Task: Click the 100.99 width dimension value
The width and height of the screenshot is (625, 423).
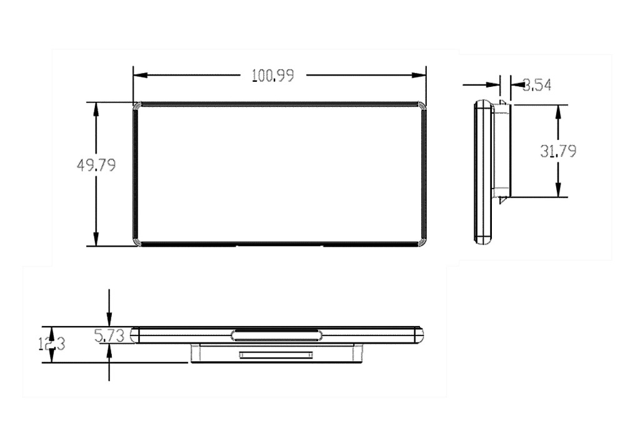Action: point(272,76)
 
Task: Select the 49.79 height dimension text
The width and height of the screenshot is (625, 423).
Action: point(96,166)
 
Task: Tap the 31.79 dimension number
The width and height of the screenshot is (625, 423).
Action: point(558,151)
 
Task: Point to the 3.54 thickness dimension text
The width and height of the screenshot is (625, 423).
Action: point(536,85)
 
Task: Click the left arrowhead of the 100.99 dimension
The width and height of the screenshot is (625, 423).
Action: point(139,76)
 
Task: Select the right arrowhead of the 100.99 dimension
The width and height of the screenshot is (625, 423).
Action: point(419,76)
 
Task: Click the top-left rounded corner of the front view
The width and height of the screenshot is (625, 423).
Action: point(137,106)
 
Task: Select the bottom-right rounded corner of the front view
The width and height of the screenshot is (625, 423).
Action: point(422,242)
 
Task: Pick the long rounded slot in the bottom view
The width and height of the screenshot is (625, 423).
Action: point(277,335)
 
